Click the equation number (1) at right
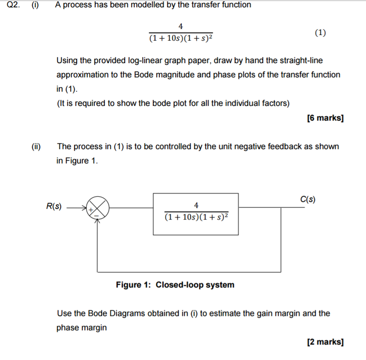[321, 33]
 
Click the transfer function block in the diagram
[196, 214]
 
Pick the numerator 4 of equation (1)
[180, 27]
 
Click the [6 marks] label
[324, 118]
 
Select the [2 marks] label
[324, 342]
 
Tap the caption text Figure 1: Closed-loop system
[175, 285]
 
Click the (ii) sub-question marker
[35, 147]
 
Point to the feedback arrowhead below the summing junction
[98, 220]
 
